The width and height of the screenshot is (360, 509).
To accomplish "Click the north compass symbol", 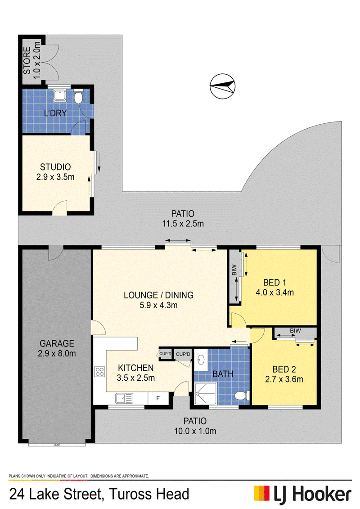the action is pyautogui.click(x=222, y=86).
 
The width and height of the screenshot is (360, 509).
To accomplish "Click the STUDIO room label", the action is pyautogui.click(x=55, y=167).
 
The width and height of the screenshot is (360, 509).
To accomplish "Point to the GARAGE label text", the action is pyautogui.click(x=57, y=343).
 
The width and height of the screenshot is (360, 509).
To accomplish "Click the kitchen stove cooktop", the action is pyautogui.click(x=99, y=372).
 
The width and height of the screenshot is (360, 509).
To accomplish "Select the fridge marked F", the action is pyautogui.click(x=158, y=398).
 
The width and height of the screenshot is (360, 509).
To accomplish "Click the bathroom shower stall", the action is pyautogui.click(x=205, y=393).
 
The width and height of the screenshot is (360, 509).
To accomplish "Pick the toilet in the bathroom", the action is pyautogui.click(x=242, y=396).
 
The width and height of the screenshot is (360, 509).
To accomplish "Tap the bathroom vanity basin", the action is pyautogui.click(x=201, y=360).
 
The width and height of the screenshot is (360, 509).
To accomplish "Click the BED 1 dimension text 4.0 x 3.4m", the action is pyautogui.click(x=274, y=293).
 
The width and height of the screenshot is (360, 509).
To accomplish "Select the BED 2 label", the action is pyautogui.click(x=284, y=369).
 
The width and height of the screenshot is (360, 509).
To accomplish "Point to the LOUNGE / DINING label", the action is pyautogui.click(x=159, y=295).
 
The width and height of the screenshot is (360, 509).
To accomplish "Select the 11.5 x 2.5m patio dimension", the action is pyautogui.click(x=183, y=224).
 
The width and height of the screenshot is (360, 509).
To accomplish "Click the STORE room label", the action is pyautogui.click(x=27, y=60).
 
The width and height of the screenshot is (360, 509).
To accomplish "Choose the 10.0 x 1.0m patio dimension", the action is pyautogui.click(x=195, y=431).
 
